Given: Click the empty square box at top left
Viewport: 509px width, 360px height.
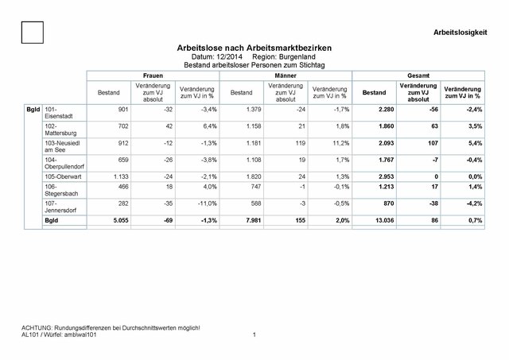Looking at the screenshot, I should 33,33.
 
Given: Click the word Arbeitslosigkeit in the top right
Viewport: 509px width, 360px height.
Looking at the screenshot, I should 461,32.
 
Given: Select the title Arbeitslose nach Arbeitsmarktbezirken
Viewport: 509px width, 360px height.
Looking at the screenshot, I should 254,49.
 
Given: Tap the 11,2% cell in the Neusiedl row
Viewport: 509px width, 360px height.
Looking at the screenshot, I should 338,145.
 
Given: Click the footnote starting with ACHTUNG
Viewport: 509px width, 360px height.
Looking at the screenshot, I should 110,328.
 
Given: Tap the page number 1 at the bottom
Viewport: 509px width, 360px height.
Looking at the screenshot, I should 253,335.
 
